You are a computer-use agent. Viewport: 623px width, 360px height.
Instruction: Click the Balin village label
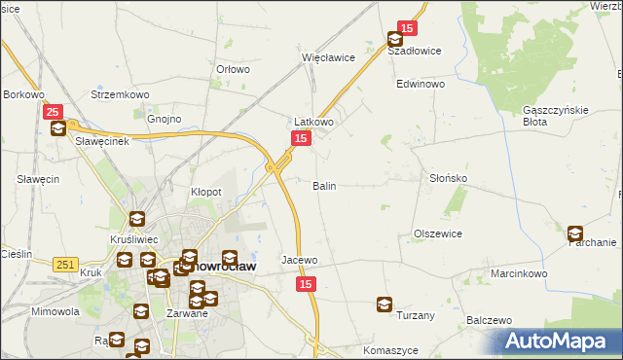click(x=324, y=185)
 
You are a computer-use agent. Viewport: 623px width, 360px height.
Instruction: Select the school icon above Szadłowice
click(x=395, y=40)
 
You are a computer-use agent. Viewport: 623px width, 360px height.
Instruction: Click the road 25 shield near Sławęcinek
click(x=54, y=113)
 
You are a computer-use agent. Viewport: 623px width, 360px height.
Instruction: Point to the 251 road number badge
click(x=65, y=265)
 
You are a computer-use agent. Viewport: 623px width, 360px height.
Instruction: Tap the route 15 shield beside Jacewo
click(x=307, y=283)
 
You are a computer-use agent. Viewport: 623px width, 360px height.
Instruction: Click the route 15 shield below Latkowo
click(x=301, y=140)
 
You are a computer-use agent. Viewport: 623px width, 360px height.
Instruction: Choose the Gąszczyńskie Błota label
click(x=556, y=115)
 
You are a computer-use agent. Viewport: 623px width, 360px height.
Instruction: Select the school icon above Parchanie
click(x=575, y=234)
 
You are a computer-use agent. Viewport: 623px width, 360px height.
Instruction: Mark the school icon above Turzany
click(x=385, y=305)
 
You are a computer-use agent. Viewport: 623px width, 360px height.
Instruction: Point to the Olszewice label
click(x=437, y=234)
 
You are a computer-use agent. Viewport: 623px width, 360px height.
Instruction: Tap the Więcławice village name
click(x=328, y=57)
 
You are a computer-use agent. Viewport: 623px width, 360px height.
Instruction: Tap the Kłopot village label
click(x=205, y=193)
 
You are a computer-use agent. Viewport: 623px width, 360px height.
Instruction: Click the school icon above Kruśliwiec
click(x=136, y=220)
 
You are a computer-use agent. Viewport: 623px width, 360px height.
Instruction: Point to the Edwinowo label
click(x=420, y=85)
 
